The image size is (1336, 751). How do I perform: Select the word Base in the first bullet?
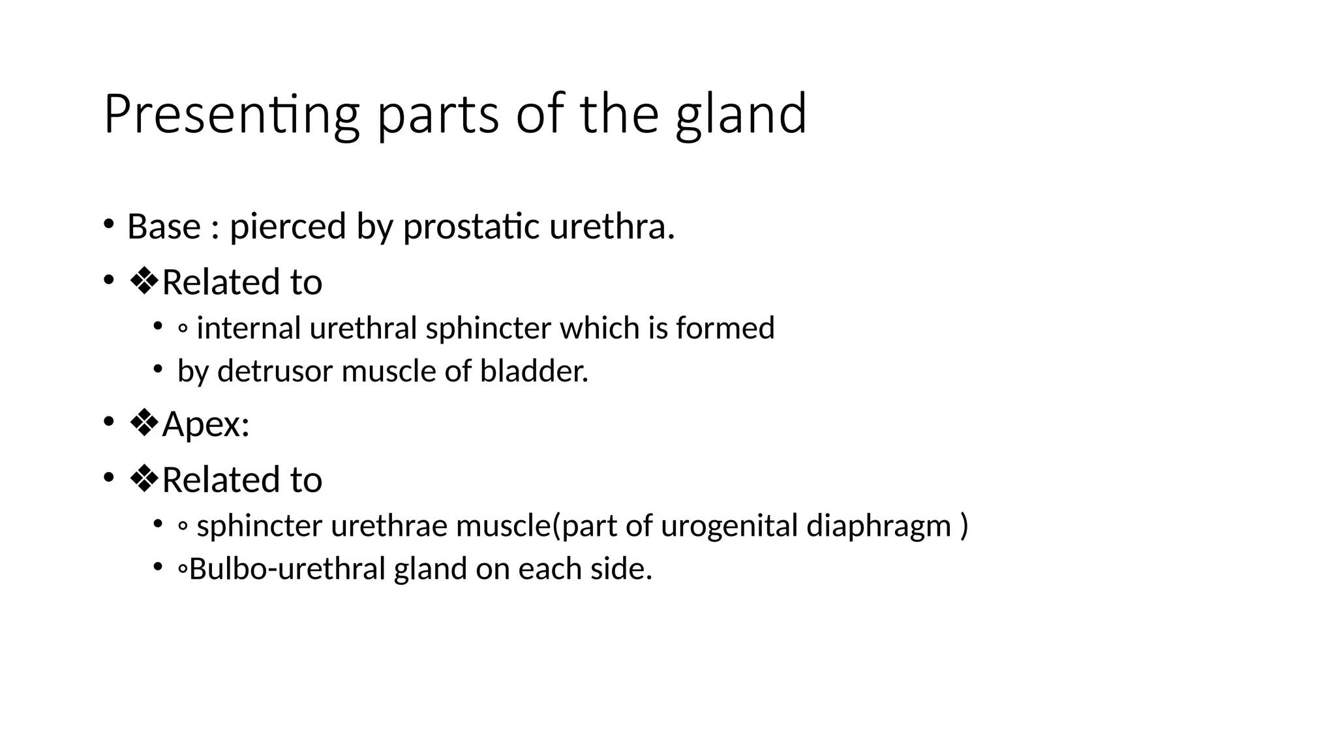(x=164, y=227)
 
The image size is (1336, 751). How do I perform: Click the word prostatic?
(x=472, y=227)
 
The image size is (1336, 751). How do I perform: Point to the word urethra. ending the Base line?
(x=611, y=227)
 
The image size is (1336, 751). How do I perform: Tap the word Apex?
(x=206, y=424)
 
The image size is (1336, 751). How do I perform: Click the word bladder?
(x=534, y=372)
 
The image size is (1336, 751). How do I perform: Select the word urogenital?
(x=729, y=526)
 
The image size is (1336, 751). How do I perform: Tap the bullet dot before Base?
(x=108, y=224)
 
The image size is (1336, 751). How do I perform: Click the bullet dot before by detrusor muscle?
(x=157, y=369)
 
